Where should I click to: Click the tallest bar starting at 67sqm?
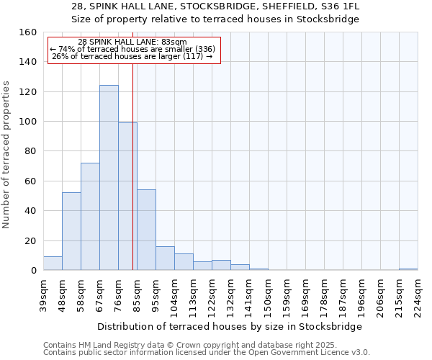pos(109,178)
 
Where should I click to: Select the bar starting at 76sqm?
pos(127,197)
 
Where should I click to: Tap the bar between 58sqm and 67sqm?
pos(90,217)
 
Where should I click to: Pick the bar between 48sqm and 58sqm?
pos(71,231)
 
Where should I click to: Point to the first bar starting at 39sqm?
pos(53,264)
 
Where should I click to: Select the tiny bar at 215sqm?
pos(408,269)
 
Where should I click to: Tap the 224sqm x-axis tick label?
pos(418,294)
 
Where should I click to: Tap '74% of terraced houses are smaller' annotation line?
pos(132,49)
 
